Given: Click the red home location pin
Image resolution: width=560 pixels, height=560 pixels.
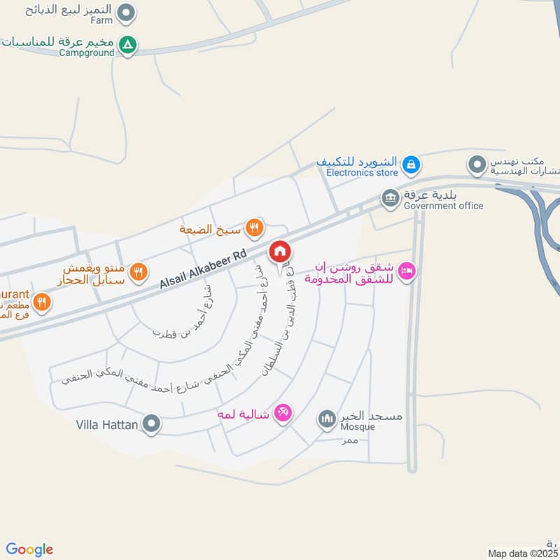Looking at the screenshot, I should (x=280, y=252).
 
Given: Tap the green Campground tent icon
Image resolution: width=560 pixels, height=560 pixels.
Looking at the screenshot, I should (x=127, y=45).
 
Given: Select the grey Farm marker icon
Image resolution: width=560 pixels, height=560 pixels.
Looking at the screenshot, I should (x=126, y=12).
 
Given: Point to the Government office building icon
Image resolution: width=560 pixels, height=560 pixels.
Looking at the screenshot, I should (x=390, y=199).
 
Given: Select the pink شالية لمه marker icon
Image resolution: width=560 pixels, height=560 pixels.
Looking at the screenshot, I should (x=283, y=413).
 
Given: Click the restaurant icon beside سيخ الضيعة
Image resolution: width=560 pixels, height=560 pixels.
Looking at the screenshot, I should (x=255, y=227).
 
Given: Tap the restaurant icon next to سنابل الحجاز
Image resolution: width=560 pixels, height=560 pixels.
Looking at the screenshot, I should (x=139, y=271).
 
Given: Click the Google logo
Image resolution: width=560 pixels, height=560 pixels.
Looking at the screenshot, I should (x=29, y=549).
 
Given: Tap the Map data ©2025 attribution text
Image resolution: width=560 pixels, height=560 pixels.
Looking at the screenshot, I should (x=523, y=554).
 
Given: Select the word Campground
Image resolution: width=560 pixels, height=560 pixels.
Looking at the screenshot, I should (x=86, y=52).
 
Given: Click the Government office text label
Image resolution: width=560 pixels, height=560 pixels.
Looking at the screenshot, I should (x=444, y=205).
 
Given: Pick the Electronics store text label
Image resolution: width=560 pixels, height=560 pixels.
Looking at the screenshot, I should (x=361, y=171).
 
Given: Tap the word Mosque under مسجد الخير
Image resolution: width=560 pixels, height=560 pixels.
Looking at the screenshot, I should (x=358, y=427).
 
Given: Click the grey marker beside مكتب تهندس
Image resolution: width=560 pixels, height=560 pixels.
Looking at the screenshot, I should (x=477, y=164).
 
